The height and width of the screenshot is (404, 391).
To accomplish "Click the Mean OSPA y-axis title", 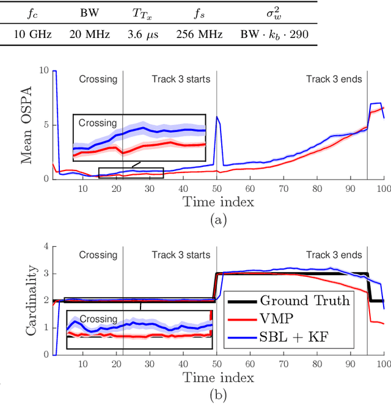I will [27, 125].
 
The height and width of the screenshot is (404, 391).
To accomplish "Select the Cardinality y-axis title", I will [27, 299].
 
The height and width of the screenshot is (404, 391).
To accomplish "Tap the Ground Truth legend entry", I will [305, 300].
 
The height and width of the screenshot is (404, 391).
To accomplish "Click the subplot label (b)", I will [218, 395].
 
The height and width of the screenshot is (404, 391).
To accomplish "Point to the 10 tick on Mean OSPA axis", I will [44, 71].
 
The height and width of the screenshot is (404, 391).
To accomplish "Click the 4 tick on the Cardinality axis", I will [46, 246].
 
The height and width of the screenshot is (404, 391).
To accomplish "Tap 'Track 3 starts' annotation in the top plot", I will [181, 79].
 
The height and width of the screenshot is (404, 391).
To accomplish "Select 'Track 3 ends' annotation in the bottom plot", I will [334, 255].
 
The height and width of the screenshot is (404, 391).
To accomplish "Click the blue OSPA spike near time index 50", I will [217, 117].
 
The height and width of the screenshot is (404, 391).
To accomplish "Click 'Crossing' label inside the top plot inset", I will [97, 123].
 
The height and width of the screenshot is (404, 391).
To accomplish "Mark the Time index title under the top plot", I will [218, 200].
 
